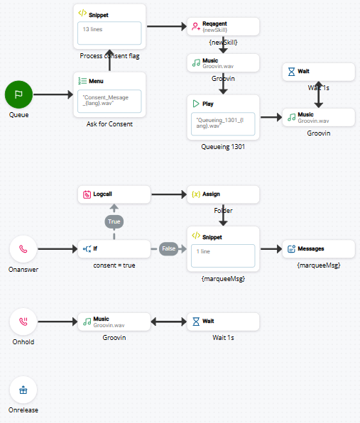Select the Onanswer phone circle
23,250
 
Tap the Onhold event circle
23,322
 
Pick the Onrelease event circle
23,390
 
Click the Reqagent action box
224,27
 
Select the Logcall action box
114,194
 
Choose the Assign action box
224,194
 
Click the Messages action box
318,248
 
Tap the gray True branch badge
114,221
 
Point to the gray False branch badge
168,249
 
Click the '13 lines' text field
109,32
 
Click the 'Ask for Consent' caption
110,123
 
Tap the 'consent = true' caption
114,265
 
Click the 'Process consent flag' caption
110,55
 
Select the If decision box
114,248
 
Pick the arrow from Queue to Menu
53,94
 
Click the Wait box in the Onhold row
224,321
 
